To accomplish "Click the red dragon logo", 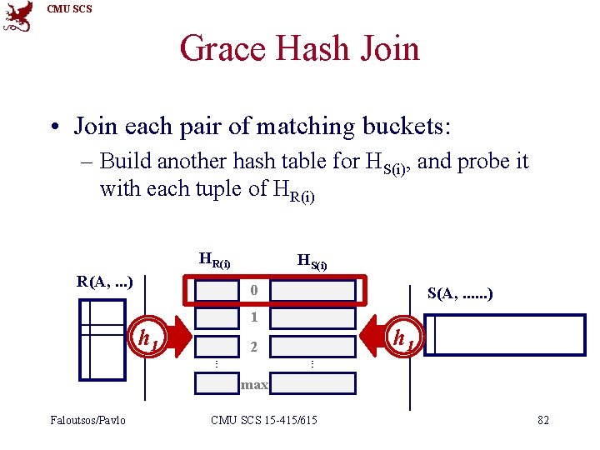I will point(18,17).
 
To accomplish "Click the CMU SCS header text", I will point(70,9).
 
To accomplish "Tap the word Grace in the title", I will point(222,48).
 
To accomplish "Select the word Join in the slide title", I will point(387,48).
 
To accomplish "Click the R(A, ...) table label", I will point(105,281).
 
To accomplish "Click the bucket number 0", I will point(254,291).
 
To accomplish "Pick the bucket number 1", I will point(254,317).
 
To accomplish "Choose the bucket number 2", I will point(254,346).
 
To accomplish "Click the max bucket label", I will point(254,384).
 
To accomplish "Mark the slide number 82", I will point(543,420).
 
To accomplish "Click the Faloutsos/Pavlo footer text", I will point(87,420).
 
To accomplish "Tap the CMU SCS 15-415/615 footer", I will point(264,420).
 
